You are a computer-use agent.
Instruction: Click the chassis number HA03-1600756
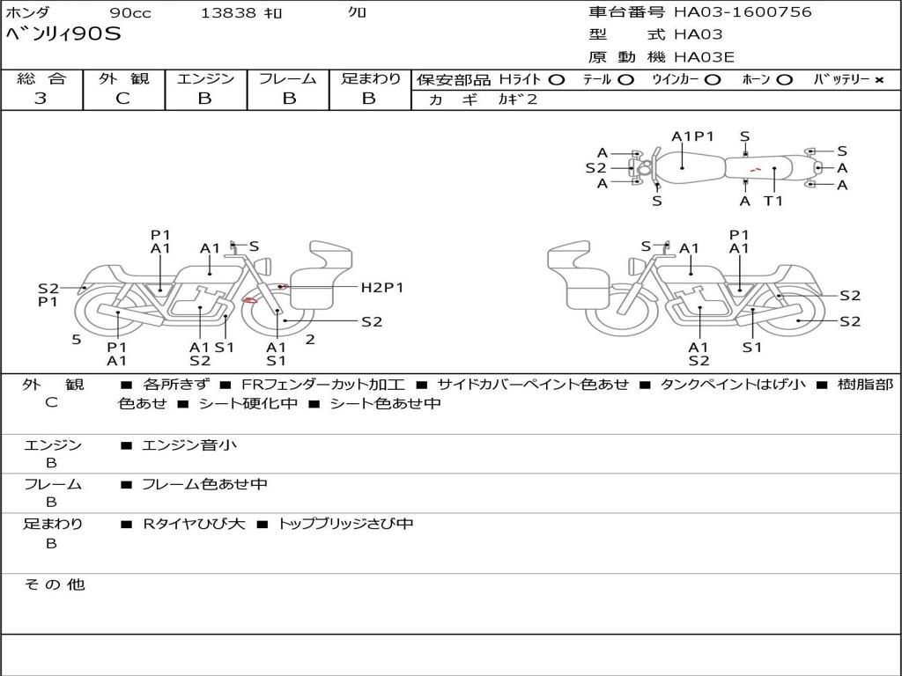(743, 12)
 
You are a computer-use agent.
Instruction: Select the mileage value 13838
(228, 13)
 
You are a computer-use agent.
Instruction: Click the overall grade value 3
(41, 99)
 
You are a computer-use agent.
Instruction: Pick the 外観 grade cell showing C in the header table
(122, 99)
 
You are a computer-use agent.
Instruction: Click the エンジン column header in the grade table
(205, 78)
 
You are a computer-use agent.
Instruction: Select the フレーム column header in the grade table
(287, 78)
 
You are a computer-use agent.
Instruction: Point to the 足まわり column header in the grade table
(370, 78)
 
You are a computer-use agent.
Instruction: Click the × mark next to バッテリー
(878, 79)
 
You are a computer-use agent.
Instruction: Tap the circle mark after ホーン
(784, 79)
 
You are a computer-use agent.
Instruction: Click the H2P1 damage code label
(381, 287)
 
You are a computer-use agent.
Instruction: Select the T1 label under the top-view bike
(773, 201)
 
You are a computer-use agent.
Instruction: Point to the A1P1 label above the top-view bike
(692, 136)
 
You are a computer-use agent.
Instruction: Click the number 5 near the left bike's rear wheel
(77, 339)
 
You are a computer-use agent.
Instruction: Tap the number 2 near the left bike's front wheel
(310, 339)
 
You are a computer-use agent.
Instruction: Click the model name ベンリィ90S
(63, 34)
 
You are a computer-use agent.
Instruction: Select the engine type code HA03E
(704, 57)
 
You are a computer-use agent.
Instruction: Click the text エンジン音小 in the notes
(189, 445)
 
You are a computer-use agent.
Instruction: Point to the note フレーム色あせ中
(204, 484)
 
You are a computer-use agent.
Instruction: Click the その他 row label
(54, 584)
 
